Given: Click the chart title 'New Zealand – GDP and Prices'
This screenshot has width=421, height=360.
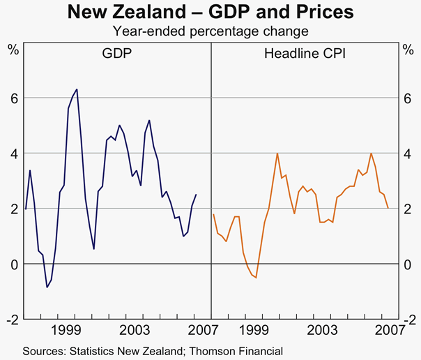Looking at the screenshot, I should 210,13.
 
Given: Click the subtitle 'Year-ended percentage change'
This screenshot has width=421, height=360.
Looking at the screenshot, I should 210,31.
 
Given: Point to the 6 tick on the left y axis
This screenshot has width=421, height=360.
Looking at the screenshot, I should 13,98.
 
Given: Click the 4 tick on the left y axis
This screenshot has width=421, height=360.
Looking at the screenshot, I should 13,153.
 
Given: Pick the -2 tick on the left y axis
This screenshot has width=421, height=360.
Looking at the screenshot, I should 10,320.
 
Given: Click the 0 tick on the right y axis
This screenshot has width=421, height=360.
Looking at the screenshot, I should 408,264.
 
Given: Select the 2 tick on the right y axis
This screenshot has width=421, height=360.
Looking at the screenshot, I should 408,209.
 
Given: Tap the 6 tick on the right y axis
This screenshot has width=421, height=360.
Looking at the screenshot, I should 408,98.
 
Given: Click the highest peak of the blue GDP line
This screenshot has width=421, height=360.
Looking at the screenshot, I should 77,89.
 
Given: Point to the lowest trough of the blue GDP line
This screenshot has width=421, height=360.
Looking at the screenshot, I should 47,287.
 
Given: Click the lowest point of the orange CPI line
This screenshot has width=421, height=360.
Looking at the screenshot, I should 256,278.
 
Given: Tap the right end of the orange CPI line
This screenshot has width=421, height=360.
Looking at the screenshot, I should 388,208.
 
